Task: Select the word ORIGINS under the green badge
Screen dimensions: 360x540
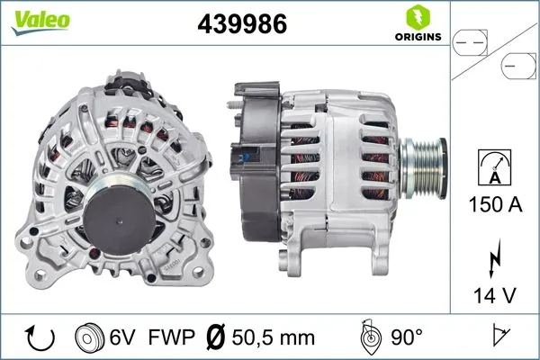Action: (x=418, y=38)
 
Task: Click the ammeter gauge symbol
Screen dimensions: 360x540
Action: (x=492, y=168)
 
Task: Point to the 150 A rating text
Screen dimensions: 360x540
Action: (x=492, y=206)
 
